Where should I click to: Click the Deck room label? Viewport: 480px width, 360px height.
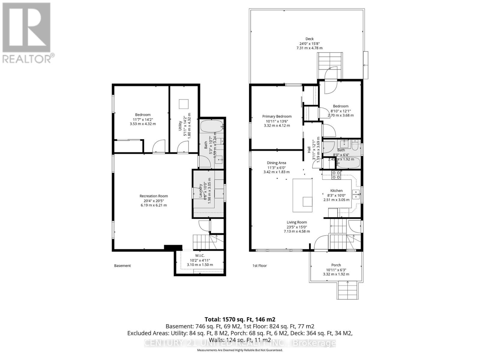[309, 39]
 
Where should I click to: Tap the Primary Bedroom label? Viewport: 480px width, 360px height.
[277, 116]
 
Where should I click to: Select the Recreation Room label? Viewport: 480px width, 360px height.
[154, 196]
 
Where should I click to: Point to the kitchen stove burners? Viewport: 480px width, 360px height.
[336, 175]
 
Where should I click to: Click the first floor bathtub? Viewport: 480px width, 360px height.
[348, 163]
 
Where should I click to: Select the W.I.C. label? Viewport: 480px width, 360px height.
[199, 256]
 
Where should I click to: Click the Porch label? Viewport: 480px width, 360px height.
[336, 265]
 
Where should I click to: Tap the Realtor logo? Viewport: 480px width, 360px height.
[27, 33]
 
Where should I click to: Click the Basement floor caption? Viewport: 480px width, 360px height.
[122, 265]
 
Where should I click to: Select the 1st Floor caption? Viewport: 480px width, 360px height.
[259, 265]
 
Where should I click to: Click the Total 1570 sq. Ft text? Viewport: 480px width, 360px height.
[240, 319]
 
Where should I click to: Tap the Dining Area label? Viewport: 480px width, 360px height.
[276, 163]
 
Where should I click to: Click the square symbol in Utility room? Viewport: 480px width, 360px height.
[184, 104]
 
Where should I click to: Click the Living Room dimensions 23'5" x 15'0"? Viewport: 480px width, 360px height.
[296, 227]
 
